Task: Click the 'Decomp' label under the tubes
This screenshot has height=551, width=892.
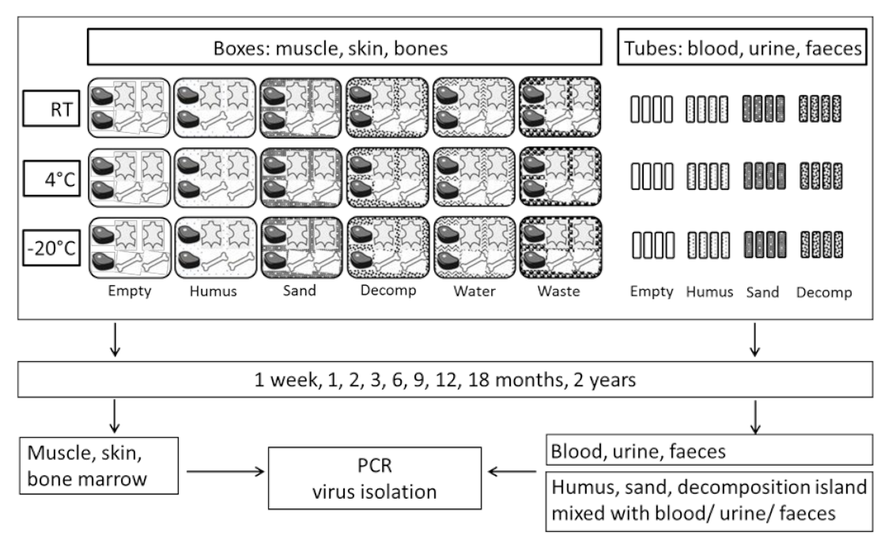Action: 823,292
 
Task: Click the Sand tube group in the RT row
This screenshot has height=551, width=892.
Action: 762,109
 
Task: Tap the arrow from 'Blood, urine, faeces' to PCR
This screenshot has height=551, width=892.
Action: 512,473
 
